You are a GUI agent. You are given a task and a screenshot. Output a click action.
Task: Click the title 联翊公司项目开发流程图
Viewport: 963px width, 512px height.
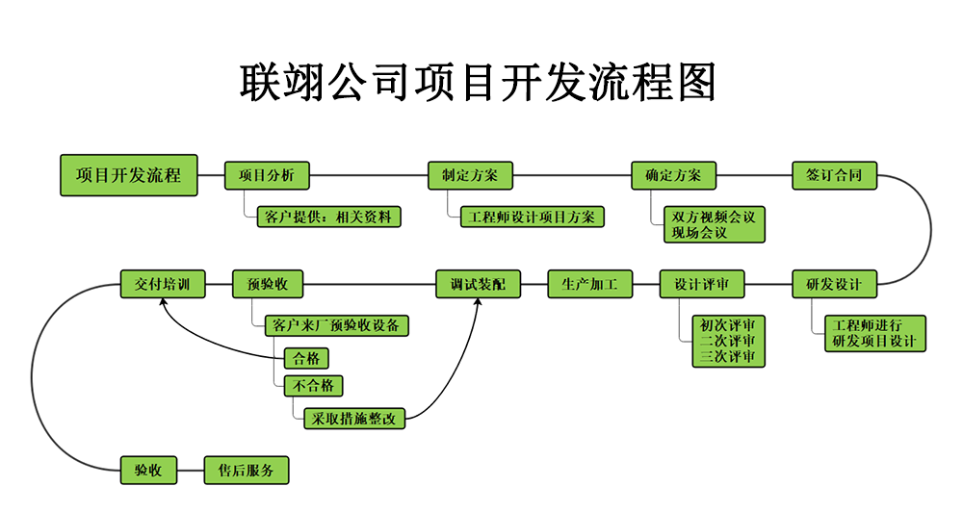pos(479,82)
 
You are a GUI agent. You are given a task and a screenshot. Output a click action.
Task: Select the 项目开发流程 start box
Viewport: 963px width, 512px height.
pos(128,175)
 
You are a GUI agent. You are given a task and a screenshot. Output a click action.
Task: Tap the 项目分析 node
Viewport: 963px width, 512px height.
pos(267,175)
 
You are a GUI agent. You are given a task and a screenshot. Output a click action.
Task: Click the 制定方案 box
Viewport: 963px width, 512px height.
pos(470,175)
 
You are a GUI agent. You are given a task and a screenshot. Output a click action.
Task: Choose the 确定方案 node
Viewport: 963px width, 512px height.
pos(673,175)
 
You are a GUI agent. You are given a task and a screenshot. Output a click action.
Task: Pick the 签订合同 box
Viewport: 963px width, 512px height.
pos(834,175)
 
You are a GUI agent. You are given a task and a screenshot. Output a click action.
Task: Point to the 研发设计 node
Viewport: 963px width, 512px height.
pos(834,284)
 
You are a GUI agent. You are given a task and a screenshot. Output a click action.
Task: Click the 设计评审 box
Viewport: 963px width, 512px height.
pos(702,284)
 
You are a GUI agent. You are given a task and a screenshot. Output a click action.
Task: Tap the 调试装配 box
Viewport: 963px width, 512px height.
pos(478,284)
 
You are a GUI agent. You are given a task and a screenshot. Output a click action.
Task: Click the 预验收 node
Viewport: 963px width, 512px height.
pos(268,284)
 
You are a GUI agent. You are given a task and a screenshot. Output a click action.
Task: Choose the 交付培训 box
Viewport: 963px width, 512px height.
pos(162,284)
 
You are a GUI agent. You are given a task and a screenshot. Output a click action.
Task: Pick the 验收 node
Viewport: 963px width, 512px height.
pos(148,470)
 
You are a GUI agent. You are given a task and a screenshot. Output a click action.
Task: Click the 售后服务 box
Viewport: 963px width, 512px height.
pos(247,470)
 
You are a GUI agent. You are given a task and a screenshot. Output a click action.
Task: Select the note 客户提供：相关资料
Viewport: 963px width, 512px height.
pos(327,217)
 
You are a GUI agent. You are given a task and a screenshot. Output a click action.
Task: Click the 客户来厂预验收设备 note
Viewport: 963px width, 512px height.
pos(336,325)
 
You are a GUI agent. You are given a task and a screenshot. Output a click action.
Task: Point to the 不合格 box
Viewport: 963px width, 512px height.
pos(313,386)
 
